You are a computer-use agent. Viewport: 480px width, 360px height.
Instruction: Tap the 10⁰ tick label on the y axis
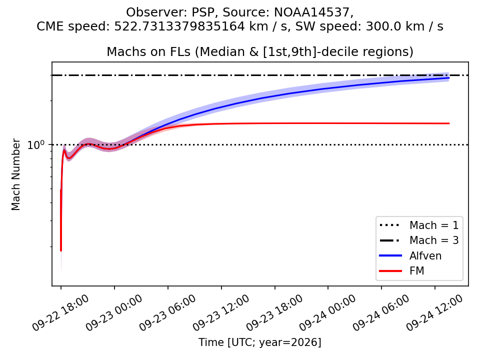click(x=36, y=144)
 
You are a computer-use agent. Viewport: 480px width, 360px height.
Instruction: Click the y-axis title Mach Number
click(x=15, y=175)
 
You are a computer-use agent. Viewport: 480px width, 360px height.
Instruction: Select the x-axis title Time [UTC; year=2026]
click(x=260, y=342)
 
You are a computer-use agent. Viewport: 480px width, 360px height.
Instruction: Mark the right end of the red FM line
click(x=449, y=123)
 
